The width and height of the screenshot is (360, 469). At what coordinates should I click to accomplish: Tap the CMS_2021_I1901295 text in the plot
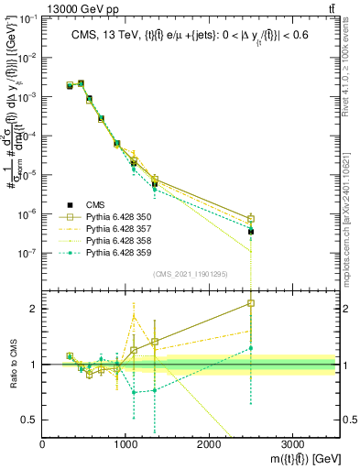pos(189,275)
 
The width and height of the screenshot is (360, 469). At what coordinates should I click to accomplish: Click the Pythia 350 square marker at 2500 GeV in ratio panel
pos(250,303)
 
